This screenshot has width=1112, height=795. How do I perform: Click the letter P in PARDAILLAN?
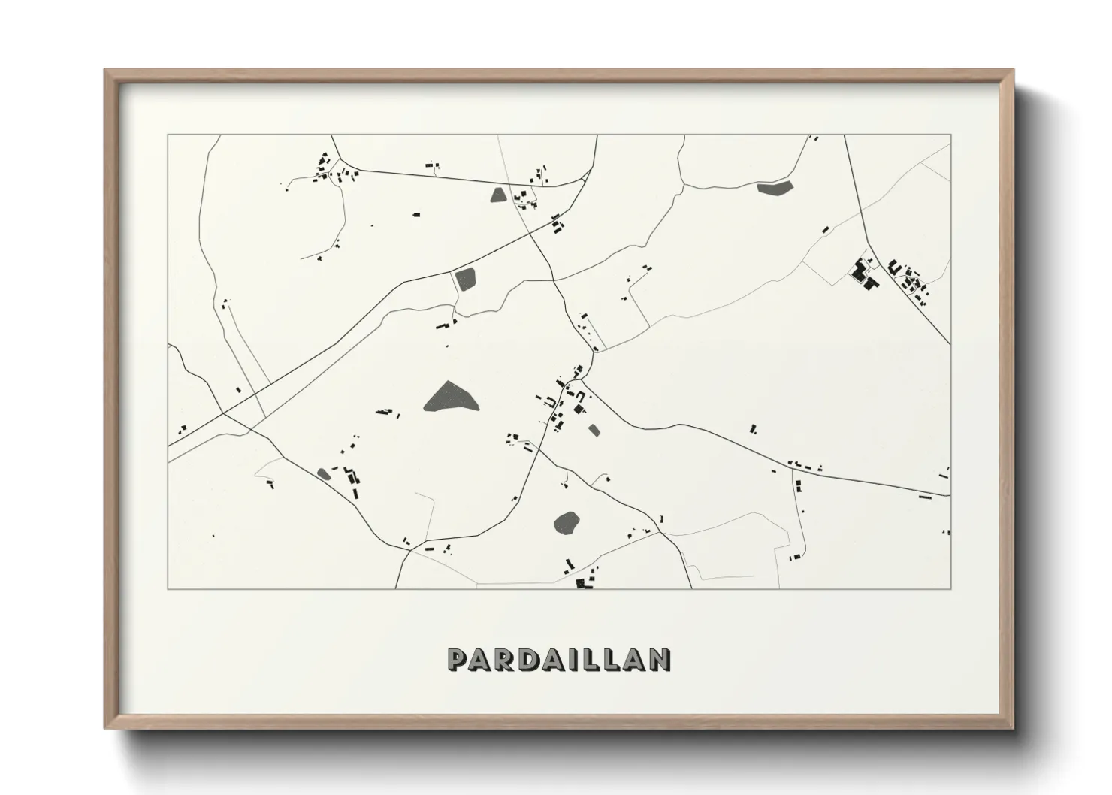(458, 660)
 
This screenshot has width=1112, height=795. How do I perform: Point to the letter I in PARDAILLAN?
(580, 660)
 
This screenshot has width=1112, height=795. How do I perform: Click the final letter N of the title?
(659, 660)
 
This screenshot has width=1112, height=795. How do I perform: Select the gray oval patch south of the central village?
(567, 523)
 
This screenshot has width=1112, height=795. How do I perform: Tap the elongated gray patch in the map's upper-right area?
(775, 189)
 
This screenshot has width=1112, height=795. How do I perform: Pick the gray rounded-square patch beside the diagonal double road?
(466, 280)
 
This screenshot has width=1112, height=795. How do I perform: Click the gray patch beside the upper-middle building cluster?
(498, 195)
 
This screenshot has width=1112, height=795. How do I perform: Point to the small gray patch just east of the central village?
(594, 431)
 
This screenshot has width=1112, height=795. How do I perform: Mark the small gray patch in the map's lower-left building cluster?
(324, 473)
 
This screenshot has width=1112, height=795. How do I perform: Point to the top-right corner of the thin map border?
(950, 135)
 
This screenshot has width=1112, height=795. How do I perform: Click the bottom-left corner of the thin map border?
(168, 588)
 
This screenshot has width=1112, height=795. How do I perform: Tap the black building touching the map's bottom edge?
(582, 583)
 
